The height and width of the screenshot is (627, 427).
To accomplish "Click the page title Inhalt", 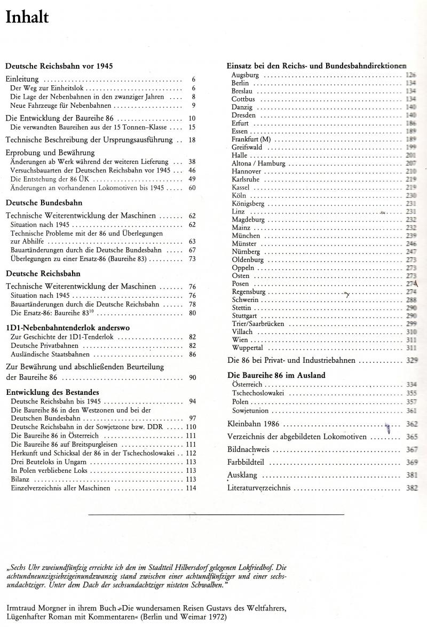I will pos(27,18).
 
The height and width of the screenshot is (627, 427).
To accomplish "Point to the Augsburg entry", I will pos(246,75).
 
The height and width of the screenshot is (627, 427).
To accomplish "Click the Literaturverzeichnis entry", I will pos(259,488).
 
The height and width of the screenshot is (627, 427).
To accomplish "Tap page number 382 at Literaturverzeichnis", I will pos(412,488).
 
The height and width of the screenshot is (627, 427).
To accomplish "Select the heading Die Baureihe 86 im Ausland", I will pos(276,375).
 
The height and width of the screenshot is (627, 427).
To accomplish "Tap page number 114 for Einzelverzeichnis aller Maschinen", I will pos(191,488).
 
